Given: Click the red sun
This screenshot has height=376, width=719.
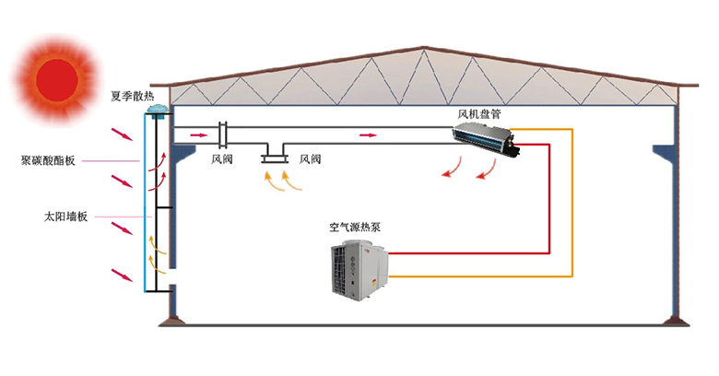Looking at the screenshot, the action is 57,79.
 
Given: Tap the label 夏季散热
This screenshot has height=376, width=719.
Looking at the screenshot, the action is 133,96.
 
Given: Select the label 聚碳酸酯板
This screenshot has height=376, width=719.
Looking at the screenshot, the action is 48,160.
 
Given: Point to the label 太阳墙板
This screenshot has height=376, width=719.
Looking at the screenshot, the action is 65,217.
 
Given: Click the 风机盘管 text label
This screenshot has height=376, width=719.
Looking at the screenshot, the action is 479,113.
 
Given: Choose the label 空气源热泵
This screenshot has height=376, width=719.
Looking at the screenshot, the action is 355,227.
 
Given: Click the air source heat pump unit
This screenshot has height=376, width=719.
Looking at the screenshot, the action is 359,272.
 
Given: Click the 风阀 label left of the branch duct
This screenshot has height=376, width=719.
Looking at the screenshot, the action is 222,159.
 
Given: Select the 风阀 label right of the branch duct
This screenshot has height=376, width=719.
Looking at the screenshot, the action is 310,159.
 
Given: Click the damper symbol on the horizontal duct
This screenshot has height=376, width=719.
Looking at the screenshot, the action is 223,135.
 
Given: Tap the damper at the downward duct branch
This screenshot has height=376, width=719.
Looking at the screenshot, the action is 274,159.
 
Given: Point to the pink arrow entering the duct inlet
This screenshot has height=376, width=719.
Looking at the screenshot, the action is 199,135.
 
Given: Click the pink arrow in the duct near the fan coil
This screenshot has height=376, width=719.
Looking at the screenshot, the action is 368,135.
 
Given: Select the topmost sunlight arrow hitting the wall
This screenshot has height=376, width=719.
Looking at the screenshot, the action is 123,135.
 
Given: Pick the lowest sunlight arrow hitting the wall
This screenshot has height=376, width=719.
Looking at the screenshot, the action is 123,276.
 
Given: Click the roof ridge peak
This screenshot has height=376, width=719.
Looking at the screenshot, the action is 423,47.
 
